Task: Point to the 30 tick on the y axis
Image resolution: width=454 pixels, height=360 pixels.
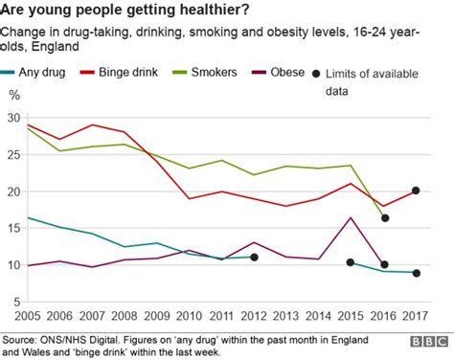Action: point(13,118)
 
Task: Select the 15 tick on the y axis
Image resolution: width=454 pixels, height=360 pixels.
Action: point(13,228)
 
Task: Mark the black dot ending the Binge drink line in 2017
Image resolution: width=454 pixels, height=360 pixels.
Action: point(416,191)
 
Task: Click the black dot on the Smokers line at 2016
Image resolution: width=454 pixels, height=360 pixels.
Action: point(384,218)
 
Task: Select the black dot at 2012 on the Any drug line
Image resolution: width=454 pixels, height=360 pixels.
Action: point(254,257)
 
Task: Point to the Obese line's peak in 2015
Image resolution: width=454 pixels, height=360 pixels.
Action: point(351,218)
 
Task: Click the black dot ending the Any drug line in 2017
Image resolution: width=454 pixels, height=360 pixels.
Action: point(416,273)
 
